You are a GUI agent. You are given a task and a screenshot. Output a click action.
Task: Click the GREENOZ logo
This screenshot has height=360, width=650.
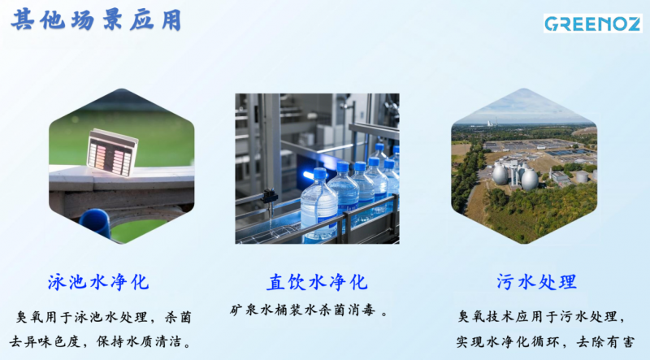click(593, 24)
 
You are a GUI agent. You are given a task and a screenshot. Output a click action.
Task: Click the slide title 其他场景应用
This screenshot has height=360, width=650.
click(96, 20)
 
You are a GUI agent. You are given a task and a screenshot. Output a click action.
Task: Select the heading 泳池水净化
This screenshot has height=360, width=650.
click(97, 282)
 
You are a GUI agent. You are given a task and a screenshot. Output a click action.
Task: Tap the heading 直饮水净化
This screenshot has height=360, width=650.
click(317, 282)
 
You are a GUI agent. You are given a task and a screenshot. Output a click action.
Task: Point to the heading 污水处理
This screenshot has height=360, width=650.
click(536, 282)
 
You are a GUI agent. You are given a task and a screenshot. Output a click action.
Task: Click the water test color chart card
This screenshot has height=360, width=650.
click(112, 152)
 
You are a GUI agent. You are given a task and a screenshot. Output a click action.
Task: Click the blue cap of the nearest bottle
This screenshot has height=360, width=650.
click(320, 173)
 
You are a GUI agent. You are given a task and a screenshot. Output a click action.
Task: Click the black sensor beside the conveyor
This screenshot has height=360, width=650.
click(270, 196)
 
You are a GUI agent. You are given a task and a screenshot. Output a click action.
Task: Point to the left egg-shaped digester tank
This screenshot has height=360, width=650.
click(500, 174)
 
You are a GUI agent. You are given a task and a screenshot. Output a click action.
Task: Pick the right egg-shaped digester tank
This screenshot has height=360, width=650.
click(530, 179)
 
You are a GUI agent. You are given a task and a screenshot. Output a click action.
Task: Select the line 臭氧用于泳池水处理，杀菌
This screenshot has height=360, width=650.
click(104, 317)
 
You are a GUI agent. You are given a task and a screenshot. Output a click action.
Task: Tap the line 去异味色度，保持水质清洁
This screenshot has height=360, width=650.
click(101, 342)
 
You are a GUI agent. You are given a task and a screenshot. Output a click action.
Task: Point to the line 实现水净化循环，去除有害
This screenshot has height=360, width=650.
click(545, 342)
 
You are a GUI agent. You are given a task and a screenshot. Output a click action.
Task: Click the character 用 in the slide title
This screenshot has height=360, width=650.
click(171, 20)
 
